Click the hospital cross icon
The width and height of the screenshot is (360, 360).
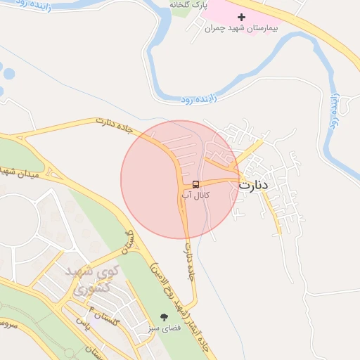tap(242, 17)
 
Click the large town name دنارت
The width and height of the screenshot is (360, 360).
tap(254, 186)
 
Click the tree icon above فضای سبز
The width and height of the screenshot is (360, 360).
tap(165, 318)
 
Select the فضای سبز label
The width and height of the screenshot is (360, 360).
tap(165, 328)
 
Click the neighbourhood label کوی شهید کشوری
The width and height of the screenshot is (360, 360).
tap(91, 278)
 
